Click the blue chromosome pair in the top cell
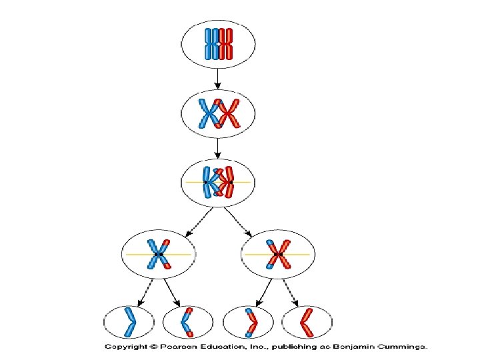pyautogui.click(x=211, y=44)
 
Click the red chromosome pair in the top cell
pyautogui.click(x=227, y=44)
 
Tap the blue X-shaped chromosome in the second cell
pyautogui.click(x=209, y=114)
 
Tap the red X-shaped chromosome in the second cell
pyautogui.click(x=229, y=114)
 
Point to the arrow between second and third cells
pyautogui.click(x=218, y=147)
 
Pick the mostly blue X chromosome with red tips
pyautogui.click(x=158, y=255)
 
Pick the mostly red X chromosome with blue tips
pyautogui.click(x=278, y=255)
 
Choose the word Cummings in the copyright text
pyautogui.click(x=400, y=347)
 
